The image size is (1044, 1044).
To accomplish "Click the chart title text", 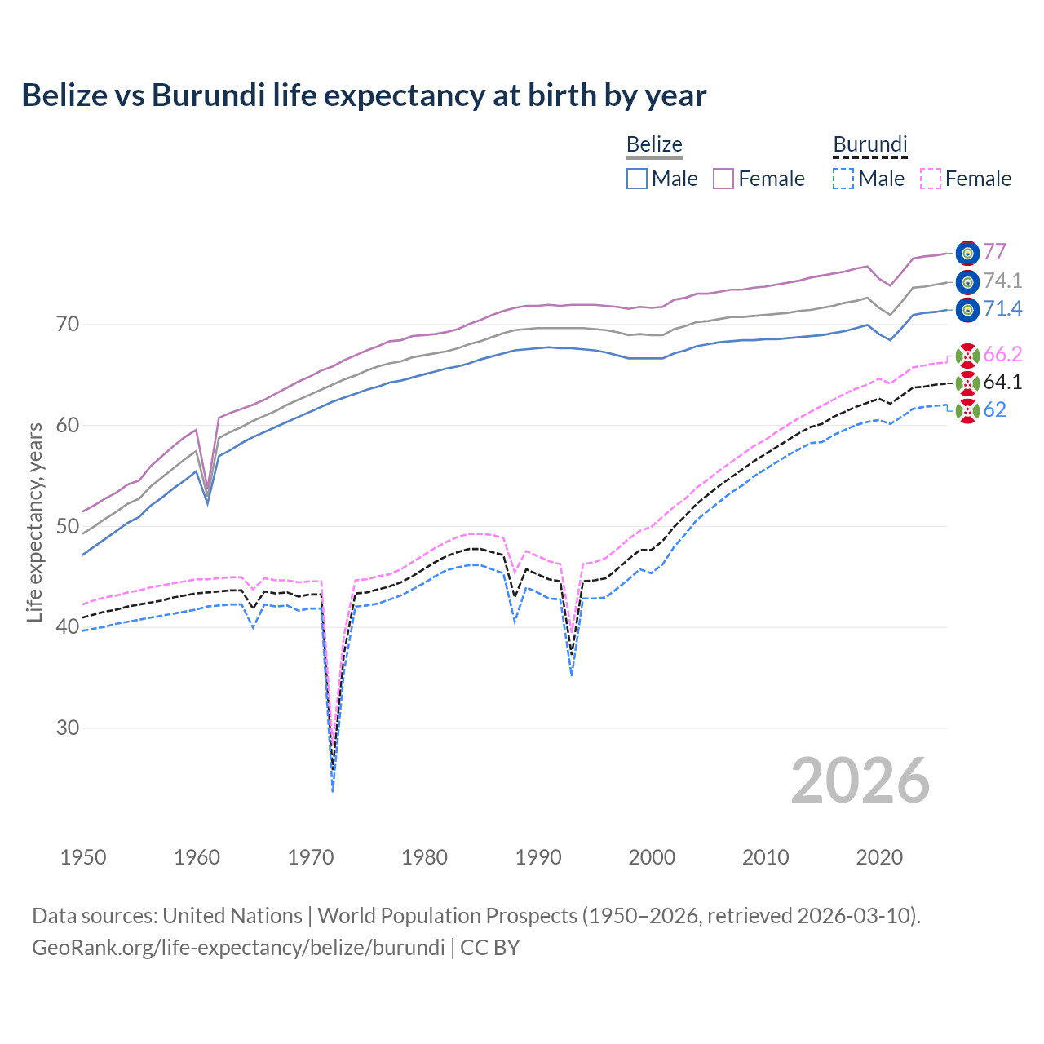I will pos(364,95).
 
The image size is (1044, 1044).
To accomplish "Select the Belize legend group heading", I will pos(654,145).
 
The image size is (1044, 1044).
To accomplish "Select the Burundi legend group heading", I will pos(869,145).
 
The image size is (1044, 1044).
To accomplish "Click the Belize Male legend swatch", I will pos(637,179).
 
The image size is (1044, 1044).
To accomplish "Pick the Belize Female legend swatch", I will pos(723,179).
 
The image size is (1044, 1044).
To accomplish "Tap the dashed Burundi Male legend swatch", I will pos(843,179).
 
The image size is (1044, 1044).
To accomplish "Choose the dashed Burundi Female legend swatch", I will pos(930,179).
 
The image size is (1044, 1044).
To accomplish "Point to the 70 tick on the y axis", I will pos(68,325).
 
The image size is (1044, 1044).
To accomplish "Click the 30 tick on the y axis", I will pos(68,728).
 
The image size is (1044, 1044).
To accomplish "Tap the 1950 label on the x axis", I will pos(83,857).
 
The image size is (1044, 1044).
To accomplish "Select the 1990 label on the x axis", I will pos(538,857).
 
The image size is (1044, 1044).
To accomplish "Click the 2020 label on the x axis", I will pos(879,857).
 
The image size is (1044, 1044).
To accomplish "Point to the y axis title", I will pos(34,522).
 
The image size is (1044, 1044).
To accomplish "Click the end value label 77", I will pos(994,252).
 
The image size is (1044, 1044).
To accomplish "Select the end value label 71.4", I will pos(1002,308).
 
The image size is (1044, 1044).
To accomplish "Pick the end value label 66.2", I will pos(1002,354).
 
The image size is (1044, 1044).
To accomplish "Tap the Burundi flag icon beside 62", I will pos(967,411).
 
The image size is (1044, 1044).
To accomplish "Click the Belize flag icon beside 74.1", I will pos(967,282).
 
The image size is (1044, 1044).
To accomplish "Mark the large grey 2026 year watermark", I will pos(860,781).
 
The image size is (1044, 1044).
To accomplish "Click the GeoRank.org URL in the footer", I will pos(238,948).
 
